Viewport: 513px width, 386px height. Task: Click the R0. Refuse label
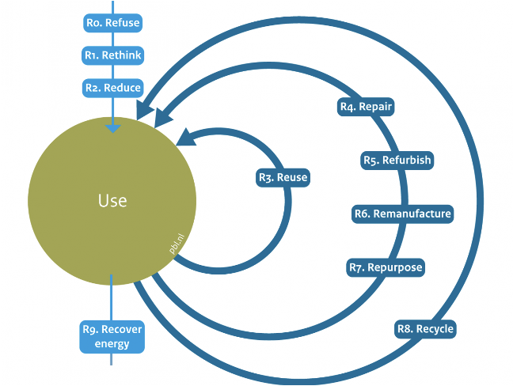tap(112, 23)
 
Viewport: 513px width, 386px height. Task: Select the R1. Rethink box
tap(112, 55)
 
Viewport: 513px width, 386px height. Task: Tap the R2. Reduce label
tap(112, 88)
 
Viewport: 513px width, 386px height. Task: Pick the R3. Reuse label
tap(283, 178)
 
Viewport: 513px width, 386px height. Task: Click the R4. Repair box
tap(365, 107)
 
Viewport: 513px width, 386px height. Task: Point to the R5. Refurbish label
tap(397, 161)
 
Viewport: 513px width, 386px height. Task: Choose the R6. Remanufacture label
tap(402, 214)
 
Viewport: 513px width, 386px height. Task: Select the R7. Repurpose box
tap(386, 267)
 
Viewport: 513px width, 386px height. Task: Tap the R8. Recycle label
tap(425, 329)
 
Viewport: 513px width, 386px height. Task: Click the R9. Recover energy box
tap(112, 337)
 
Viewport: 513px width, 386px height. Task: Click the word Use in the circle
tap(112, 200)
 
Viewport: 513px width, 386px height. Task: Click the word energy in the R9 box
tap(112, 344)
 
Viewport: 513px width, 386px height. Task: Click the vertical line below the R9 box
tap(112, 359)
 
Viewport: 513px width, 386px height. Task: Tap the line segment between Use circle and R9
tap(112, 301)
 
